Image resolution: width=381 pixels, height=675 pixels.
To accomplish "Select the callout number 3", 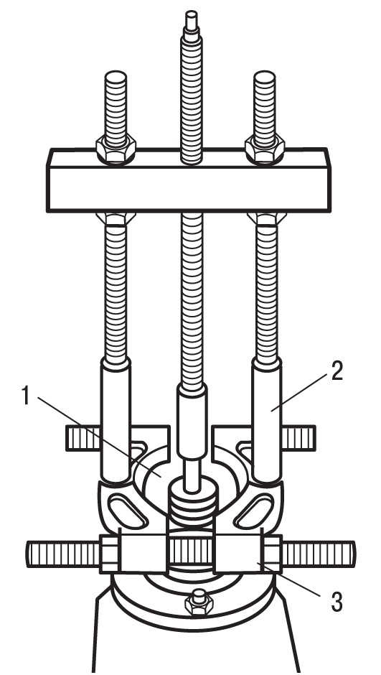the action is pyautogui.click(x=337, y=602).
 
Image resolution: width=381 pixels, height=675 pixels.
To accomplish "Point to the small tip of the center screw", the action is pyautogui.click(x=191, y=20).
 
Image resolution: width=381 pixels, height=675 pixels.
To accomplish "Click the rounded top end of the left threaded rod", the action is pyautogui.click(x=116, y=77).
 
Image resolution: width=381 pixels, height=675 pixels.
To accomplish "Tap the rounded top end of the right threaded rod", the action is pyautogui.click(x=265, y=77).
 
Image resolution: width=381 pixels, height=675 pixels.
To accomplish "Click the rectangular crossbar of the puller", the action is pyautogui.click(x=189, y=181).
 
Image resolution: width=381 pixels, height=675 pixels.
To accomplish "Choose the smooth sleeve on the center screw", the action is pyautogui.click(x=192, y=422).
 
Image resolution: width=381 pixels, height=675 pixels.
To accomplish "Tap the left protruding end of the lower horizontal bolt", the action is pyautogui.click(x=63, y=554).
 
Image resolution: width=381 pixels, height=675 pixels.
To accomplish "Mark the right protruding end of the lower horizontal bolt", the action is pyautogui.click(x=319, y=554).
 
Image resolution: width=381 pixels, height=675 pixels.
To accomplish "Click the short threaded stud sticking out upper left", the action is pyautogui.click(x=83, y=438).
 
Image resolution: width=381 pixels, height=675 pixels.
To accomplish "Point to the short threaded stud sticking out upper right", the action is pyautogui.click(x=299, y=438).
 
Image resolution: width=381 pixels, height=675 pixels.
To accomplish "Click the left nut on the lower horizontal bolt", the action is pyautogui.click(x=109, y=554).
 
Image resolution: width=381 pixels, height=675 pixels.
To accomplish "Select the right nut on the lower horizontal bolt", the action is pyautogui.click(x=272, y=554).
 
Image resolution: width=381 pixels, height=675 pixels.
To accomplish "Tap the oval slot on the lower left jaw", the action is pyautogui.click(x=128, y=511).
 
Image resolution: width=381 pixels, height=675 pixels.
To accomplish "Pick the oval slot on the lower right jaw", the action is pyautogui.click(x=254, y=511).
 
